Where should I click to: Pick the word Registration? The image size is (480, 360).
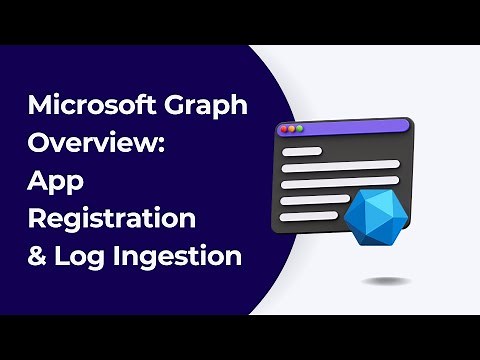pyautogui.click(x=111, y=219)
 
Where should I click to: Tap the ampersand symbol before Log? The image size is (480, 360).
pyautogui.click(x=36, y=256)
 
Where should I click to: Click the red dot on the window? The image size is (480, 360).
pyautogui.click(x=282, y=129)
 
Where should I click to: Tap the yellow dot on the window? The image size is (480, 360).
pyautogui.click(x=290, y=129)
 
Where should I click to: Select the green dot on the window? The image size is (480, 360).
pyautogui.click(x=298, y=129)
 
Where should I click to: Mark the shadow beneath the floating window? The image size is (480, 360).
pyautogui.click(x=385, y=281)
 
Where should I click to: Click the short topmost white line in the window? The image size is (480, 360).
pyautogui.click(x=301, y=151)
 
